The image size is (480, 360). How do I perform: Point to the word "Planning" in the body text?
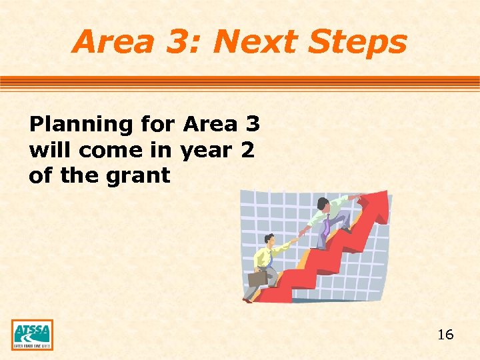pos(81,125)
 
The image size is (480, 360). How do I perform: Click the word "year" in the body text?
pos(207,150)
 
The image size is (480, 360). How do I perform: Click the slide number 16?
pos(445,335)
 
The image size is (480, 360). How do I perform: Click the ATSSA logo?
pos(32,335)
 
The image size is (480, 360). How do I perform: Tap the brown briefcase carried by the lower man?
pos(257,277)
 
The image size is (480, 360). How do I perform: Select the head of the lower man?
pos(269,239)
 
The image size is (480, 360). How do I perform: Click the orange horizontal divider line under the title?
pos(240,83)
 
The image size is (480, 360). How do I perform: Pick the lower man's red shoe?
pos(248,301)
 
